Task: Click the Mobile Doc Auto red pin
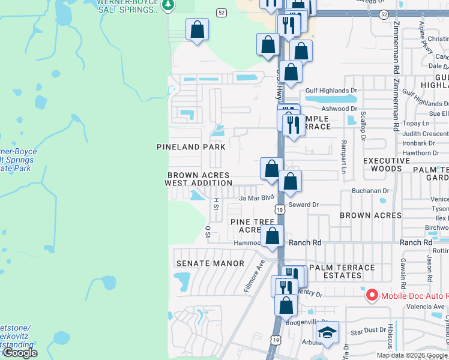click(372, 295)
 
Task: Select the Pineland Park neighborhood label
click(191, 147)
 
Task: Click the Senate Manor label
click(210, 263)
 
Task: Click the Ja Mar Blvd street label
click(256, 197)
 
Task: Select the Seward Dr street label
click(303, 205)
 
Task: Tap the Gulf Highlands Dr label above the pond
click(331, 91)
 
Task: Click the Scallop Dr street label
click(363, 125)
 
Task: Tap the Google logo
click(20, 353)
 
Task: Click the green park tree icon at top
click(169, 5)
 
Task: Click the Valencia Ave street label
click(430, 307)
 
